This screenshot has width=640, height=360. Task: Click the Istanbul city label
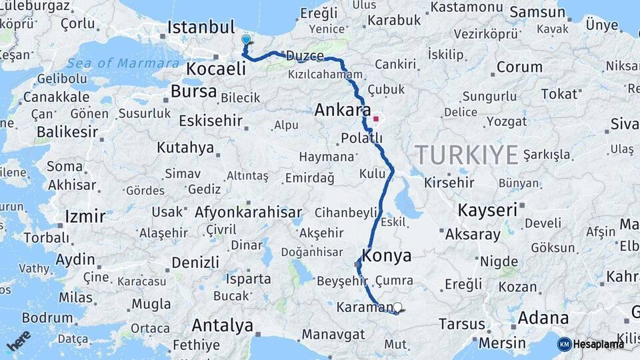tap(201, 28)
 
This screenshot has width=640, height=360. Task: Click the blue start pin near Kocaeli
tap(246, 41)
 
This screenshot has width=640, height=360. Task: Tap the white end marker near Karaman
tap(398, 307)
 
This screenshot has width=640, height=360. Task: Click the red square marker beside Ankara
tap(376, 120)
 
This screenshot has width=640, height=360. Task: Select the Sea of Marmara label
tap(123, 63)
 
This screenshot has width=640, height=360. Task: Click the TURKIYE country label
tap(467, 155)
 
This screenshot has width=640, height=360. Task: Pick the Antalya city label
tap(222, 326)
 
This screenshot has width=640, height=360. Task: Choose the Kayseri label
tap(487, 210)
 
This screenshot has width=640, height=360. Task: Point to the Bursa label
tap(193, 91)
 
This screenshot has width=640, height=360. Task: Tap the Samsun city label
tap(538, 13)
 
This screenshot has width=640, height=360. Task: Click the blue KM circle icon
tap(564, 344)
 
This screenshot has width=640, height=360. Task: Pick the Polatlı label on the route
tap(361, 138)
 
